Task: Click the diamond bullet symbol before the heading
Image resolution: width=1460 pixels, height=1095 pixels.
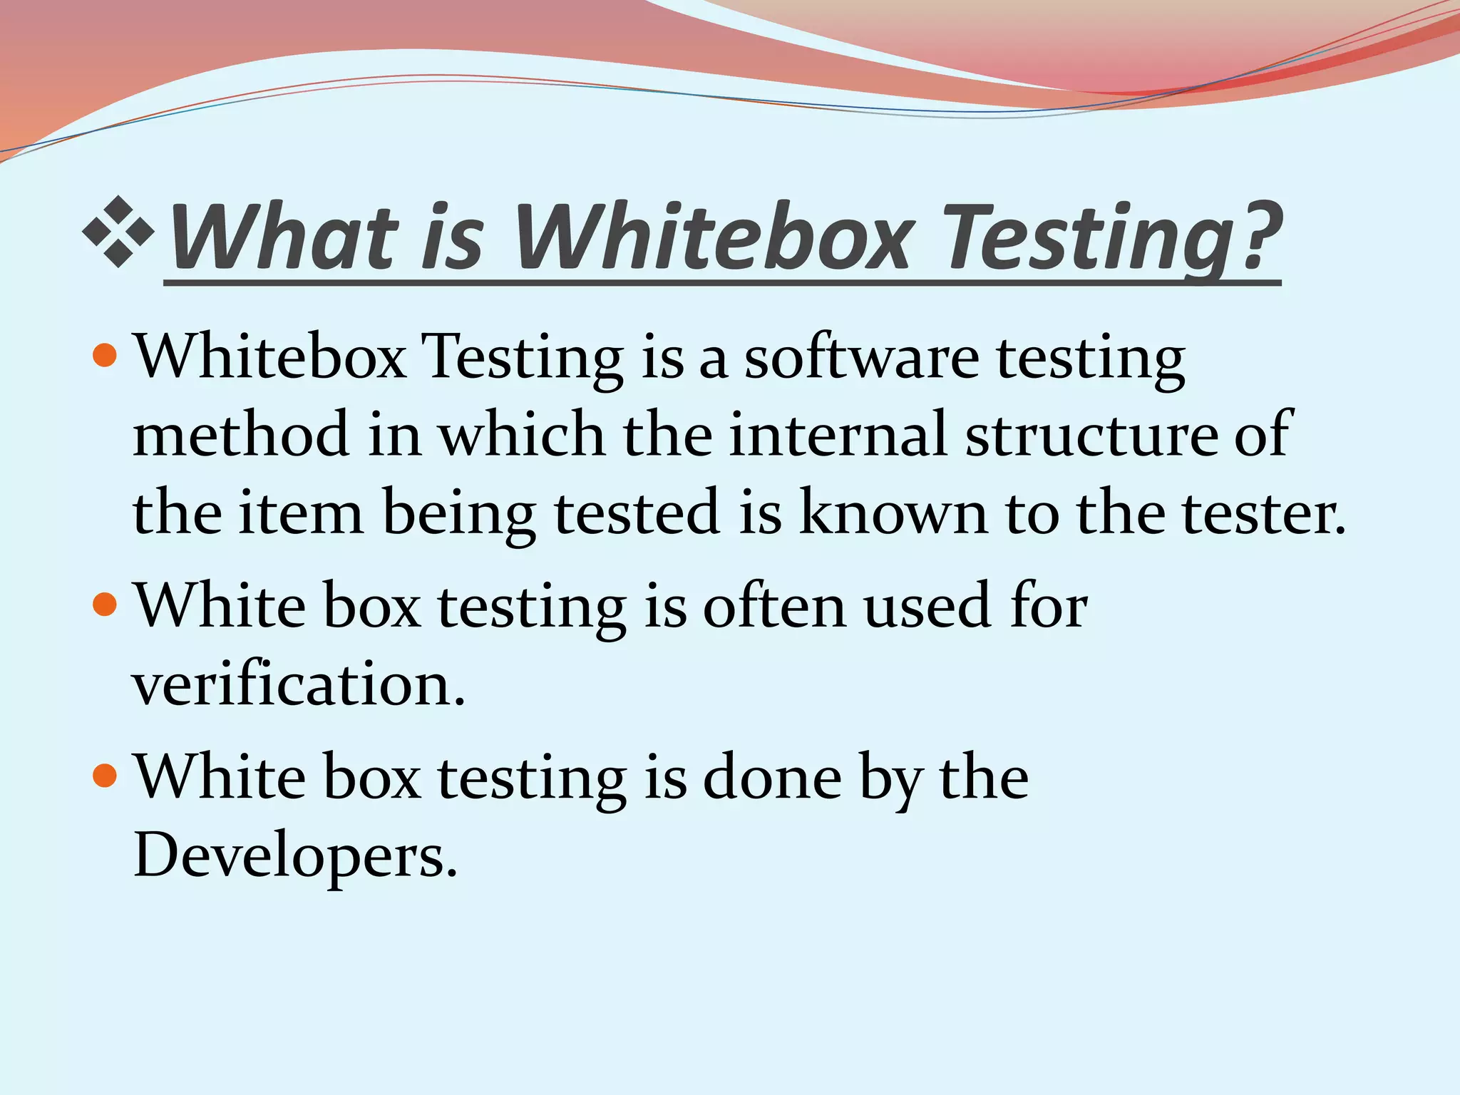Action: pos(118,232)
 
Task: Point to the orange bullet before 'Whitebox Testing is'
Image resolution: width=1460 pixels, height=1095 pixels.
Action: pos(105,354)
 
